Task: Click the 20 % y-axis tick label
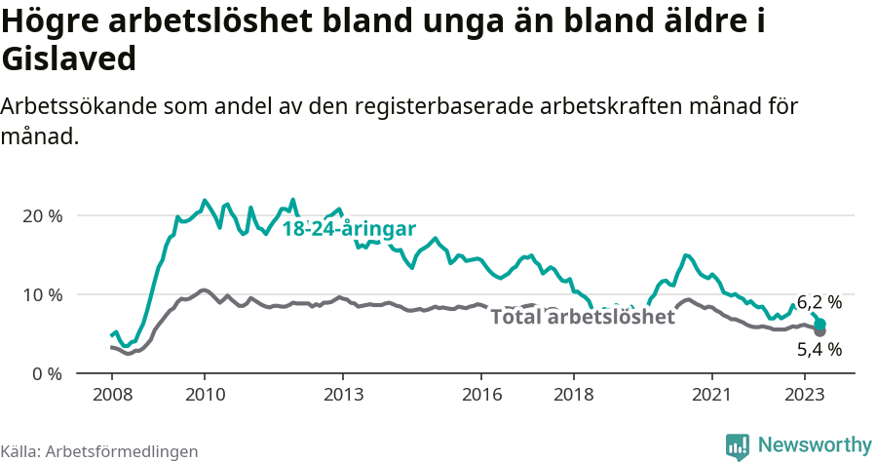pyautogui.click(x=41, y=215)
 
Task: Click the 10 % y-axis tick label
pyautogui.click(x=41, y=294)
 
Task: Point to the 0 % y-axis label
pyautogui.click(x=46, y=373)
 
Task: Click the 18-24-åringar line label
pyautogui.click(x=349, y=229)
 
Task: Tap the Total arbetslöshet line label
pyautogui.click(x=582, y=317)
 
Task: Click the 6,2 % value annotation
pyautogui.click(x=819, y=302)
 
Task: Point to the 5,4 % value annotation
pyautogui.click(x=819, y=349)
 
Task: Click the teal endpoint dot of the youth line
pyautogui.click(x=820, y=324)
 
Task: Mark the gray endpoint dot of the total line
pyautogui.click(x=820, y=331)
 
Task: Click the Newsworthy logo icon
pyautogui.click(x=738, y=446)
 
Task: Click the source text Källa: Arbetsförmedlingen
pyautogui.click(x=99, y=451)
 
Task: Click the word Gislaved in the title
pyautogui.click(x=69, y=59)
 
